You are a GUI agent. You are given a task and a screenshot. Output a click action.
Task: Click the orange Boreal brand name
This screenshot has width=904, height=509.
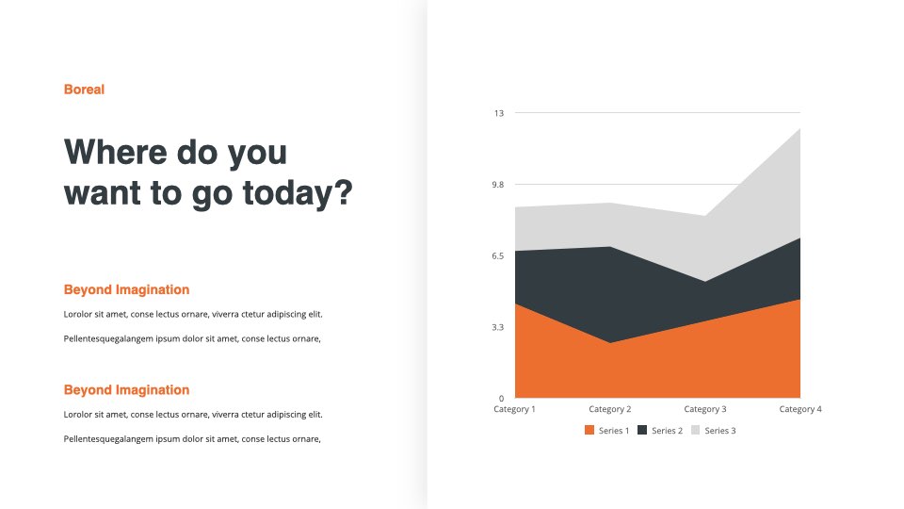tap(84, 90)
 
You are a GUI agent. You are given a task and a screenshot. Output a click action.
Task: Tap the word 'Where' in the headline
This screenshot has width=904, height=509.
tap(116, 153)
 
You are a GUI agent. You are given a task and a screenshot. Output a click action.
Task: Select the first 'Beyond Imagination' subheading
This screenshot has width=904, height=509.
tap(126, 289)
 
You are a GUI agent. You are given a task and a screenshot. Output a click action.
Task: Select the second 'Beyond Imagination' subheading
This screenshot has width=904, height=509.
tap(126, 390)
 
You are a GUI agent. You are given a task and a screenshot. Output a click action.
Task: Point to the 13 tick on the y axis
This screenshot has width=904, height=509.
tap(499, 113)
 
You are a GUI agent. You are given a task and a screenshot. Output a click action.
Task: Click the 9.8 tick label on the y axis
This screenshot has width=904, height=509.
tap(497, 185)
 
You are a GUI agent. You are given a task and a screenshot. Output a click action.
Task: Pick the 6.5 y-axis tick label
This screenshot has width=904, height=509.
tap(497, 255)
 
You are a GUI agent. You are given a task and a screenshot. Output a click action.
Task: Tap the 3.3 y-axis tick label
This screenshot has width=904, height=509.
tap(497, 327)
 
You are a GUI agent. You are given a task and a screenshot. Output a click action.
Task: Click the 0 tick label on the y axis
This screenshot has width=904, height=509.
tap(501, 398)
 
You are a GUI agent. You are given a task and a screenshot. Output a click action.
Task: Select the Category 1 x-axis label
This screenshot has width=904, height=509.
tap(514, 409)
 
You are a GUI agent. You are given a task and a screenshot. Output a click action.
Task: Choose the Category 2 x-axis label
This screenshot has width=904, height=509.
tap(610, 409)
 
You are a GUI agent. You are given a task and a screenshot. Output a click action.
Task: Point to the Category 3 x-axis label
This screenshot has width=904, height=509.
tap(705, 409)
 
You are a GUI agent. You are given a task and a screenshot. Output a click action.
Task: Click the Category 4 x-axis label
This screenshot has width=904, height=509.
tap(800, 409)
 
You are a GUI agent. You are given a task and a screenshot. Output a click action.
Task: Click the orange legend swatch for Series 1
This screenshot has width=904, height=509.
tap(589, 430)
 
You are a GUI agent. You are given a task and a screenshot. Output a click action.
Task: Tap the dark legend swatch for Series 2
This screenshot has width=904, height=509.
tap(642, 430)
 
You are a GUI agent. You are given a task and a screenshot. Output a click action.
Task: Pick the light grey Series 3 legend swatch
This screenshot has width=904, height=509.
tap(695, 430)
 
